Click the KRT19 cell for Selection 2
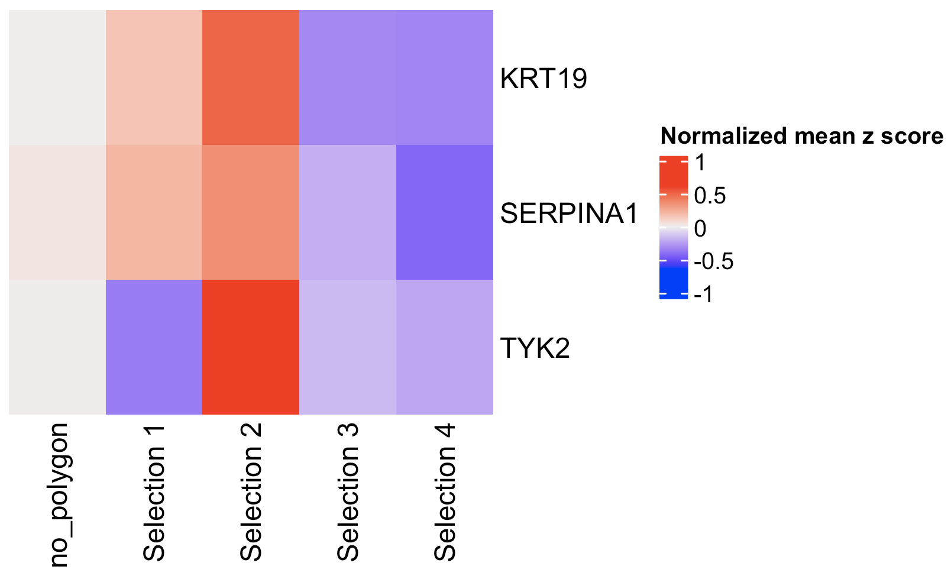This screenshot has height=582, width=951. [x=251, y=77]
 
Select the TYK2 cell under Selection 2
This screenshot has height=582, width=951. [x=251, y=347]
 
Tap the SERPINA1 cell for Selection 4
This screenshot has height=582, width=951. [x=445, y=212]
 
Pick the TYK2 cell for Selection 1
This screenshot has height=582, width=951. [x=154, y=347]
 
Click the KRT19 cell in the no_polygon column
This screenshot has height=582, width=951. [x=57, y=77]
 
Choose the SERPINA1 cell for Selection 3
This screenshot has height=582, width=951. [x=348, y=212]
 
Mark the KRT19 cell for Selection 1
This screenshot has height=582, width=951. [x=154, y=77]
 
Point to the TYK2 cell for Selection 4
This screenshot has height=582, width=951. [x=445, y=347]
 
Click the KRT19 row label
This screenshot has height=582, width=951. [x=544, y=79]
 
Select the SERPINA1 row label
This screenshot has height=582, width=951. [x=569, y=214]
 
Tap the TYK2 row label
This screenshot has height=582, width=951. [x=535, y=348]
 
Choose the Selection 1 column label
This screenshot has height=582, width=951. [x=154, y=492]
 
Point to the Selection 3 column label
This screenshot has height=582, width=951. [x=348, y=492]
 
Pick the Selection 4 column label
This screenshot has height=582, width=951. [x=445, y=492]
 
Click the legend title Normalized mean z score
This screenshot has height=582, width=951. [x=801, y=136]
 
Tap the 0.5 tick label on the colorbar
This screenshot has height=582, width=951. [x=710, y=196]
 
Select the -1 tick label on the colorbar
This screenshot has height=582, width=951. [x=704, y=294]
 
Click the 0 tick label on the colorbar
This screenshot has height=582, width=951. [x=700, y=228]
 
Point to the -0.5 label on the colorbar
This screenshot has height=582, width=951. [x=714, y=261]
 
